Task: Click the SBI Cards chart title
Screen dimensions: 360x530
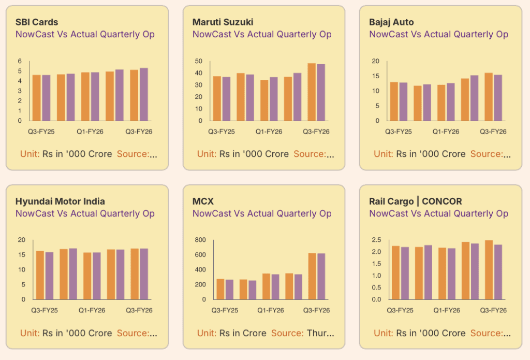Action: point(37,22)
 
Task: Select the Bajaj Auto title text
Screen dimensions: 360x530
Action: point(391,22)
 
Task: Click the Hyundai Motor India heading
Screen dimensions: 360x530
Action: point(60,201)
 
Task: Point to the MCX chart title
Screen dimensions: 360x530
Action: point(203,201)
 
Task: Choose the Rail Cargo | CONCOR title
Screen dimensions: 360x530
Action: point(416,201)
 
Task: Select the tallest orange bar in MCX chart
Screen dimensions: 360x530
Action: point(312,276)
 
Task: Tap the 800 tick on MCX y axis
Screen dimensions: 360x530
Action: point(200,240)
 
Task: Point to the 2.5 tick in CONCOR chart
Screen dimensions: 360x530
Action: point(376,240)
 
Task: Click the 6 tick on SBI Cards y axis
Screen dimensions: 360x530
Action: point(20,61)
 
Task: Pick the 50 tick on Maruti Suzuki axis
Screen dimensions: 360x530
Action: point(198,61)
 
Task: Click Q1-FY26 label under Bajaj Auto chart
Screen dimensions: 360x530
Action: point(446,132)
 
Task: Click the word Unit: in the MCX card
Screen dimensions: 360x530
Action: point(207,333)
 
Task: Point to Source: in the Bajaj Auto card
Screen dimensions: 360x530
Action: point(487,154)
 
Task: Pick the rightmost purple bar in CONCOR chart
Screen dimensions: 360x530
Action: point(498,272)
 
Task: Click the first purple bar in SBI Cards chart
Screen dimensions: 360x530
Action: point(46,98)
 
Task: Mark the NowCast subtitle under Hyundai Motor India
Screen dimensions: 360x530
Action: point(85,213)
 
